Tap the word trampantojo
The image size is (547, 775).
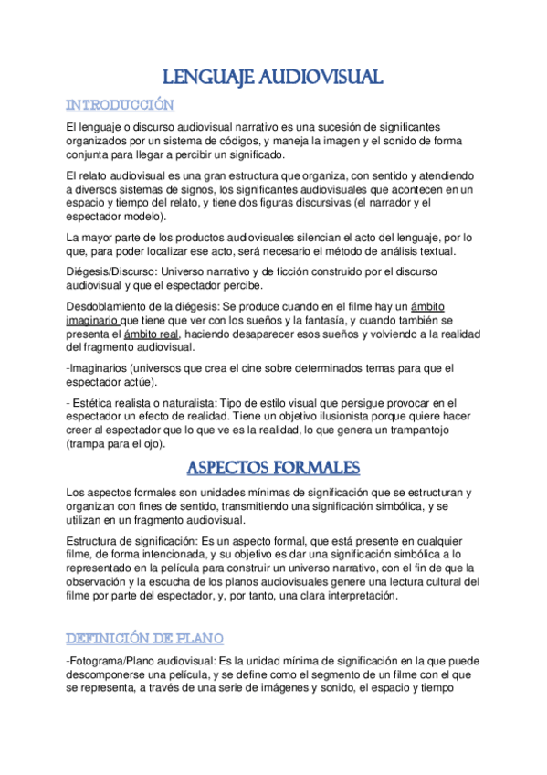[437, 430]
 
